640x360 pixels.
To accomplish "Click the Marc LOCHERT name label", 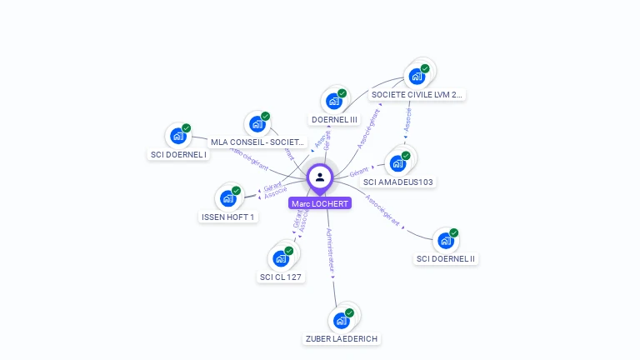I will pyautogui.click(x=320, y=203).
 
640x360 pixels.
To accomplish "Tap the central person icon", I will pyautogui.click(x=320, y=177).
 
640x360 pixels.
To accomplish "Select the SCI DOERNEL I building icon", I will pyautogui.click(x=177, y=136).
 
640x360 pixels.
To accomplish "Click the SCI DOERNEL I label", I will pyautogui.click(x=178, y=154).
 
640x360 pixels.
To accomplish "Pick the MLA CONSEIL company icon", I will pyautogui.click(x=257, y=124).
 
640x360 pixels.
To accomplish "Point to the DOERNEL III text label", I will pyautogui.click(x=334, y=119).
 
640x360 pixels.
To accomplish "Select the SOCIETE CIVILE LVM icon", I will pyautogui.click(x=417, y=77).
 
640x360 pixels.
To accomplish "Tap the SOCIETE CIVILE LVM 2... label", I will pyautogui.click(x=417, y=95).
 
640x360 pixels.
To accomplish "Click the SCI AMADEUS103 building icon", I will pyautogui.click(x=397, y=163).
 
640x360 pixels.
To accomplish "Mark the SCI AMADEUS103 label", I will pyautogui.click(x=399, y=182).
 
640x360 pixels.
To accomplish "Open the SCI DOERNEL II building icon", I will pyautogui.click(x=446, y=241).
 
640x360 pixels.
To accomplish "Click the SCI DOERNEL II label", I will pyautogui.click(x=446, y=258).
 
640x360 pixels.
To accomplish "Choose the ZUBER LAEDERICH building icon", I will pyautogui.click(x=341, y=320).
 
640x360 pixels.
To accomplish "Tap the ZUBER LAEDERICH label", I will pyautogui.click(x=342, y=338).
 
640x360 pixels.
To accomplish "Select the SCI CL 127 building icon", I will pyautogui.click(x=281, y=258).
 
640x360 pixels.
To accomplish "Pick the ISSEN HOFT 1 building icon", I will pyautogui.click(x=227, y=198).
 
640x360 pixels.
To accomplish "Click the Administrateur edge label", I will pyautogui.click(x=331, y=251).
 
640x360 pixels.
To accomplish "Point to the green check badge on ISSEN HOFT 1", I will pyautogui.click(x=237, y=191).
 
